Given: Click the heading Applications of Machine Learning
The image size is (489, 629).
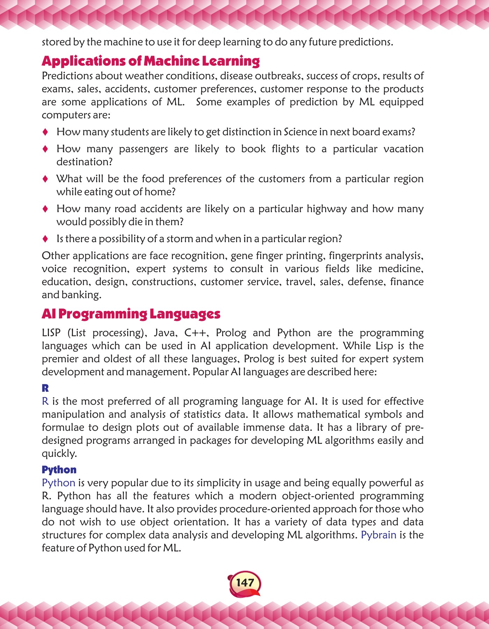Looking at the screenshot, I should (x=151, y=61).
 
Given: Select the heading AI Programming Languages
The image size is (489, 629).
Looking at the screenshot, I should (x=131, y=314).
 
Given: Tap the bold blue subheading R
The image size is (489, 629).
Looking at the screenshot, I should (x=45, y=388).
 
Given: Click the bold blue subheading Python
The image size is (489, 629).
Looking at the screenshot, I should (x=59, y=470).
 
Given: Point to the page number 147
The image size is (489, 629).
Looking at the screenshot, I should (x=245, y=583).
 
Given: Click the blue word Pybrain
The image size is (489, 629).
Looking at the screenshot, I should (x=378, y=535).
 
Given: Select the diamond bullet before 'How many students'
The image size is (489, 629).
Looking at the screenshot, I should (x=45, y=132).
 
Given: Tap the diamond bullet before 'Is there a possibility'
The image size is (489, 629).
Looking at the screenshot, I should (x=45, y=239).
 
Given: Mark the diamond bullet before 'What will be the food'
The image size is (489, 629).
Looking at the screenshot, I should (x=45, y=179).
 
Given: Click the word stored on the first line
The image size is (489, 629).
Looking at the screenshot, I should (x=56, y=42).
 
